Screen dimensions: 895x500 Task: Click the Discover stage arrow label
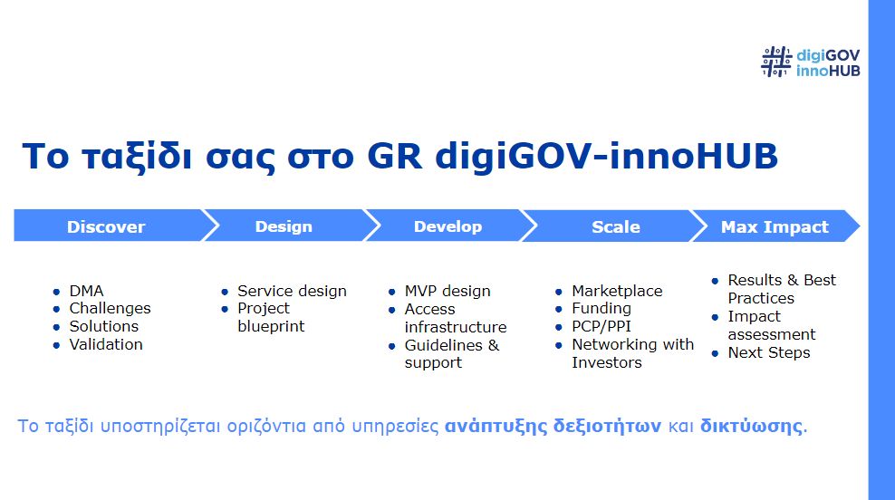click(x=106, y=226)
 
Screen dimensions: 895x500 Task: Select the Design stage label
click(x=284, y=226)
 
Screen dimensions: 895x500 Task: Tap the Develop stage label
click(x=448, y=226)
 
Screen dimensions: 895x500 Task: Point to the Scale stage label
click(x=616, y=226)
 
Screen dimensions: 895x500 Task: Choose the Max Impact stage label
click(x=775, y=226)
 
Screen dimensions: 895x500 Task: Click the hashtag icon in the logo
click(x=776, y=62)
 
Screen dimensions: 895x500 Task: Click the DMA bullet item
click(x=86, y=291)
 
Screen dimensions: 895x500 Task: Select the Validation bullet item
click(x=106, y=344)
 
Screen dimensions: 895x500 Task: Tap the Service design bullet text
click(x=293, y=291)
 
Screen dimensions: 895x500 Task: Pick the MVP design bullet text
click(x=447, y=291)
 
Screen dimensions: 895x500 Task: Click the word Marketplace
click(x=617, y=291)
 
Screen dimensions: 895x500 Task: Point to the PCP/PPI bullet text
click(x=601, y=326)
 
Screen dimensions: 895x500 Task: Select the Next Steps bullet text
click(x=769, y=352)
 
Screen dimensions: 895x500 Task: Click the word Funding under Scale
click(x=601, y=309)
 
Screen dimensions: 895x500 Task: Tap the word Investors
click(x=607, y=362)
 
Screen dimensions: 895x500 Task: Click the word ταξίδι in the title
click(x=137, y=156)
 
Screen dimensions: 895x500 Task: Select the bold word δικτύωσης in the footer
click(x=751, y=426)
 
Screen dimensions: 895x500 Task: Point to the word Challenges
click(x=111, y=309)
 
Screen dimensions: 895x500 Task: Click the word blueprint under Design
click(x=271, y=326)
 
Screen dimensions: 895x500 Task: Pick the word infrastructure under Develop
click(x=456, y=327)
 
